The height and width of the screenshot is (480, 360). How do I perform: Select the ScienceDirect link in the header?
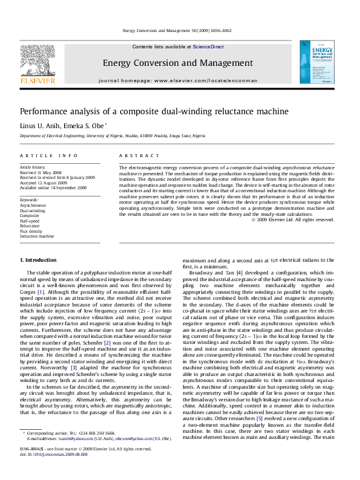[x=208, y=47]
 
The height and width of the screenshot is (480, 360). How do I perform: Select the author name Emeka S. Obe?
[x=84, y=126]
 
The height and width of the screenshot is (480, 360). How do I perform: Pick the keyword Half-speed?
[x=30, y=221]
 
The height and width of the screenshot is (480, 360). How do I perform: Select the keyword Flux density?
[x=31, y=232]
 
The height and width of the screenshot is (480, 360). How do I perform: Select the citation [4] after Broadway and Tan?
[x=239, y=273]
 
